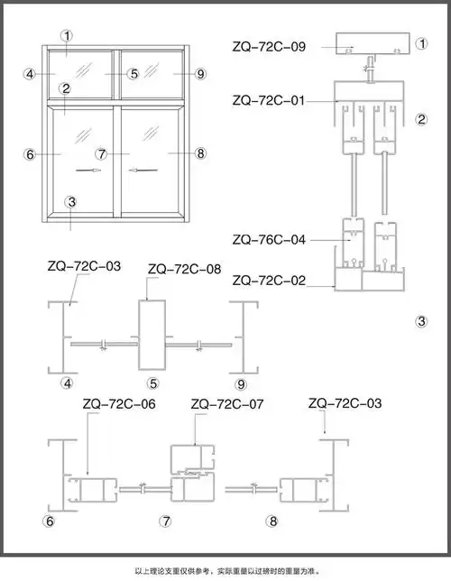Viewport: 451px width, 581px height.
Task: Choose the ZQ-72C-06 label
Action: tap(118, 404)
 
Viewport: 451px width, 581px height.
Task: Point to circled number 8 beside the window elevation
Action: tap(200, 154)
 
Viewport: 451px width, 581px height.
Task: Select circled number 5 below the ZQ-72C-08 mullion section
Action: tap(153, 383)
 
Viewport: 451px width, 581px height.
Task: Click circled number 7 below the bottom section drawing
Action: tap(165, 521)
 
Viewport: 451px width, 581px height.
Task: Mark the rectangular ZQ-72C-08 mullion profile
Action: tap(152, 336)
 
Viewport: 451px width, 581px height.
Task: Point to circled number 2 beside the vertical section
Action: tap(420, 118)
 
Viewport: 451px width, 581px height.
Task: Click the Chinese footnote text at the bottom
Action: tap(225, 570)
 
